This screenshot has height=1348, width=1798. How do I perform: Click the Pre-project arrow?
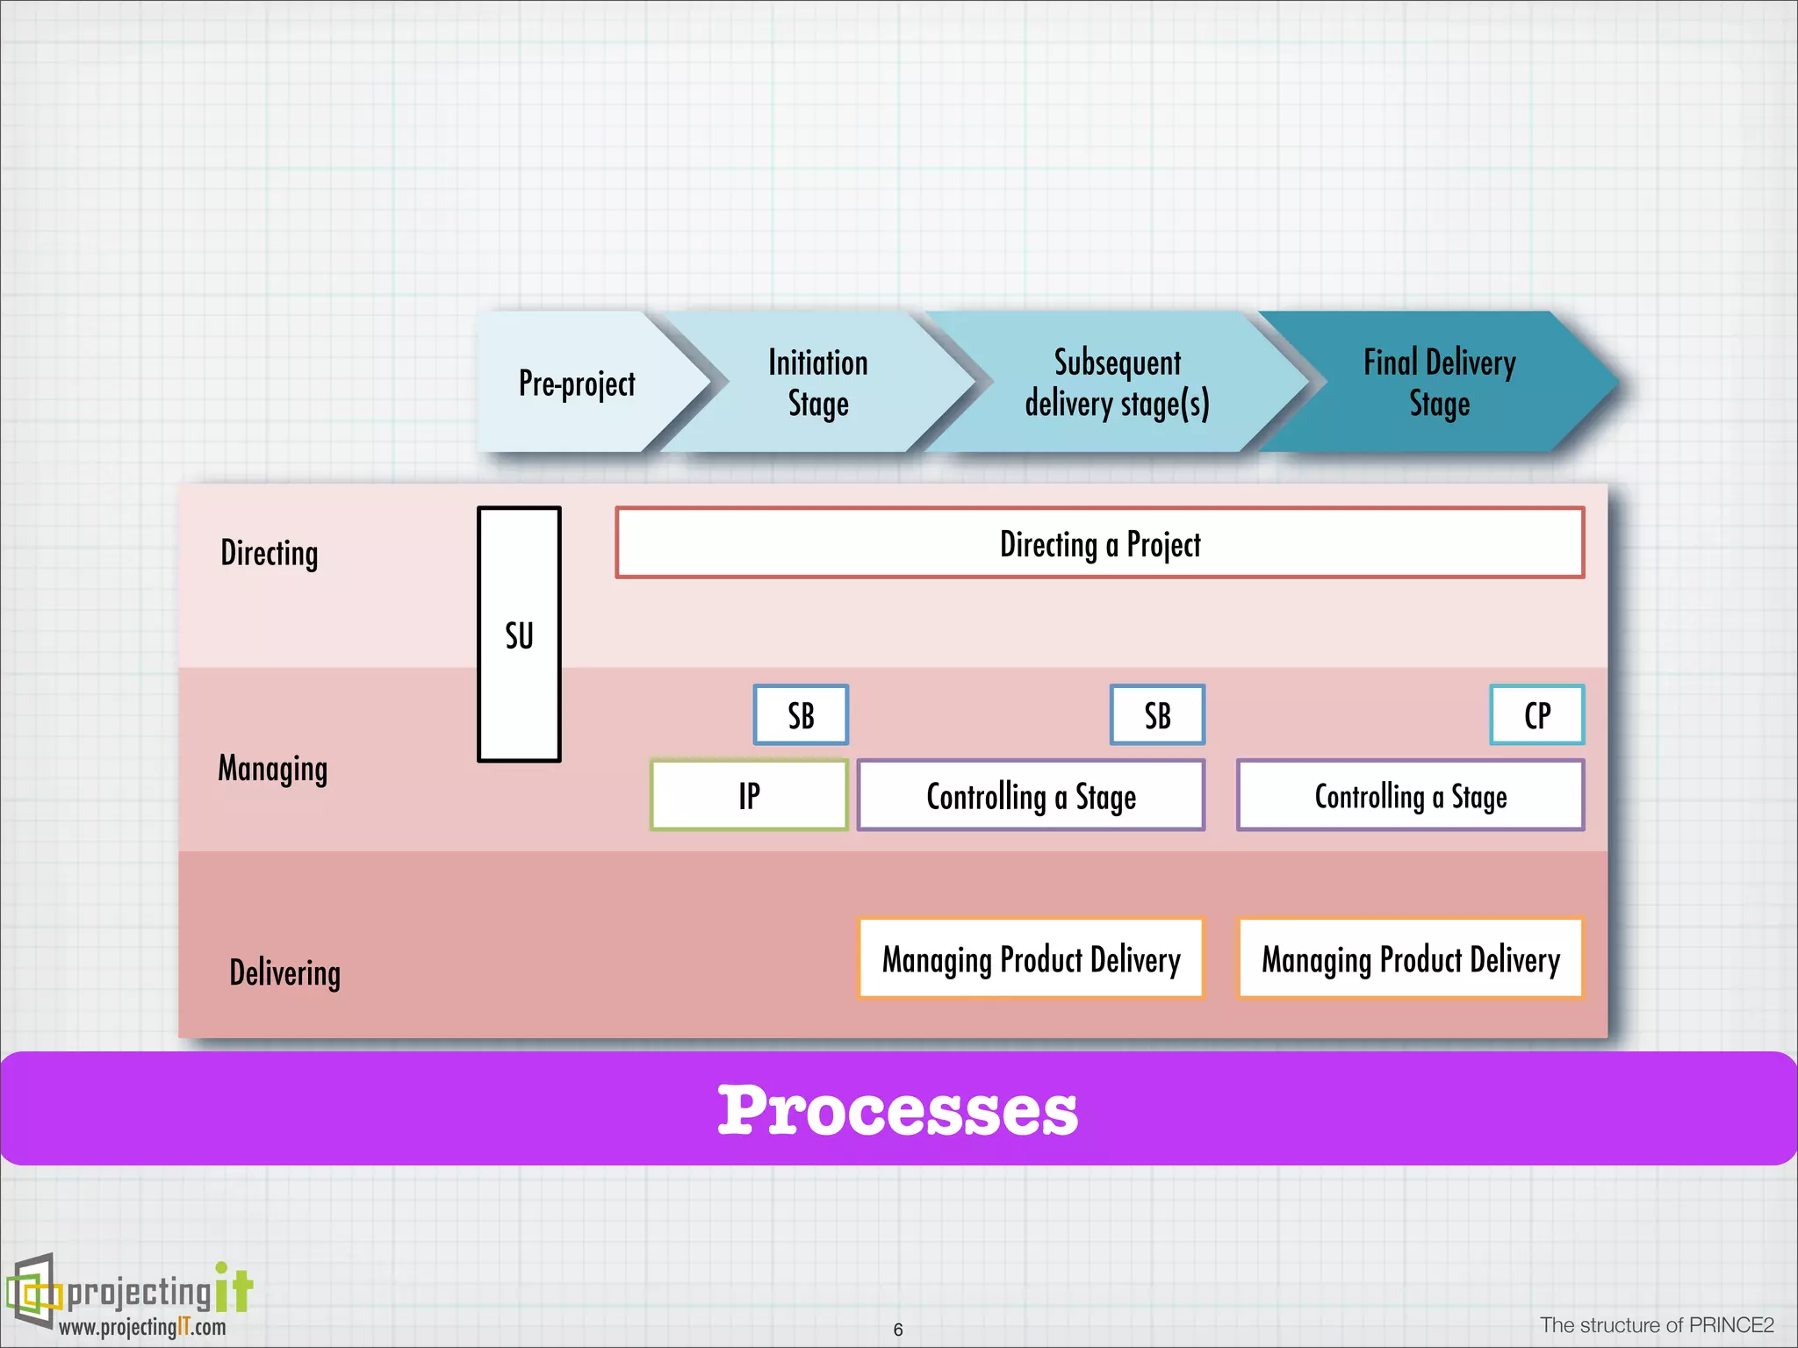point(577,384)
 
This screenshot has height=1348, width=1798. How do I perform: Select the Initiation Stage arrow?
point(818,384)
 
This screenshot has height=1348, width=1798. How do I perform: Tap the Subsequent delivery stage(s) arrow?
point(1117,384)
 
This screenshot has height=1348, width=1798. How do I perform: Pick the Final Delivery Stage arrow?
point(1440,384)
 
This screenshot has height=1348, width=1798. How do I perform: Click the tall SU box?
point(519,634)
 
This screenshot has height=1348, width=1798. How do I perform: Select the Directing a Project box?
point(1099,543)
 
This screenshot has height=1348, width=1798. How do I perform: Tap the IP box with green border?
point(749,795)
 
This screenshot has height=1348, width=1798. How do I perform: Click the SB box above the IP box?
point(801,715)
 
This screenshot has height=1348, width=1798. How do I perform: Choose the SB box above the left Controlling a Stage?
point(1157,715)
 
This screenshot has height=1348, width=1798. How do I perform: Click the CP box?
point(1536,715)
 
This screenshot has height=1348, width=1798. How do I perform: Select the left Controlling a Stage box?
point(1031,796)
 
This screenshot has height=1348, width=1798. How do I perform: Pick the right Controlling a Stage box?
point(1410,796)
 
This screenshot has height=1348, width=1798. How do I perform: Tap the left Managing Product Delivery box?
point(1031,958)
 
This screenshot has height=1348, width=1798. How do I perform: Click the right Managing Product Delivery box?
point(1410,958)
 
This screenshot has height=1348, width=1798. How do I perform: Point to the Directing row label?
point(270,554)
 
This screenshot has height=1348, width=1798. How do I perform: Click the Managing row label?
point(273,769)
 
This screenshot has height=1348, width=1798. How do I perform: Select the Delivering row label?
point(285,973)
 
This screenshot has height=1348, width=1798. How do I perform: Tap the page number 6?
point(897,1330)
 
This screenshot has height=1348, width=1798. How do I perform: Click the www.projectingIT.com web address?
point(142,1327)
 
